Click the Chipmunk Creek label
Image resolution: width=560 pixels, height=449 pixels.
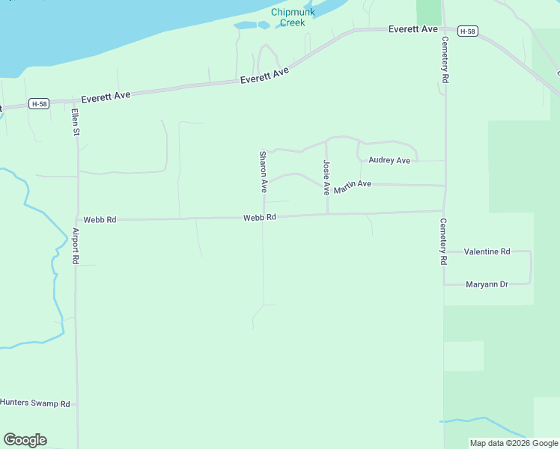click(293, 17)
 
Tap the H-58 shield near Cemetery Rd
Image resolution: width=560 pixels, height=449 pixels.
click(468, 31)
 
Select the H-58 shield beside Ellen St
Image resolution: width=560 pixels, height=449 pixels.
click(40, 103)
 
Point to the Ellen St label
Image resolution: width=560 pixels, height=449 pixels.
click(75, 121)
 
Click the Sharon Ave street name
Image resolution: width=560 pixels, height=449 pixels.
click(263, 171)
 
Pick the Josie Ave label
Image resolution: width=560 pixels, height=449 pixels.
click(326, 177)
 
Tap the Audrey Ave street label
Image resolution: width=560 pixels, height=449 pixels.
click(389, 160)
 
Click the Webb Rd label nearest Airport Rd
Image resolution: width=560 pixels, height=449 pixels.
click(100, 220)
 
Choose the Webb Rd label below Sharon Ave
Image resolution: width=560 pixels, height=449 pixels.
click(260, 217)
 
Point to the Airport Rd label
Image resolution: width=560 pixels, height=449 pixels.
click(75, 246)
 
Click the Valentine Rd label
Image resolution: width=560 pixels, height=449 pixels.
click(487, 251)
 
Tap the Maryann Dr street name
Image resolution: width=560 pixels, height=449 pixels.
click(487, 284)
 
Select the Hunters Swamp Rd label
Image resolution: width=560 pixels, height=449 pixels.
click(35, 403)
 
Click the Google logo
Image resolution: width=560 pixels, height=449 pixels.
click(25, 440)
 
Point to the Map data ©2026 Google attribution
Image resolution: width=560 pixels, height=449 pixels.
click(513, 443)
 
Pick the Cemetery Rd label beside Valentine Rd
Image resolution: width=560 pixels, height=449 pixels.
click(443, 242)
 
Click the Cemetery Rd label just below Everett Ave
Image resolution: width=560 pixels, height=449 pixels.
click(445, 59)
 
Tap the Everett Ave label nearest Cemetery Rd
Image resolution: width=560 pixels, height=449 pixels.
click(413, 28)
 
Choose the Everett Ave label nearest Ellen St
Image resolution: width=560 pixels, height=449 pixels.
click(106, 96)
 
